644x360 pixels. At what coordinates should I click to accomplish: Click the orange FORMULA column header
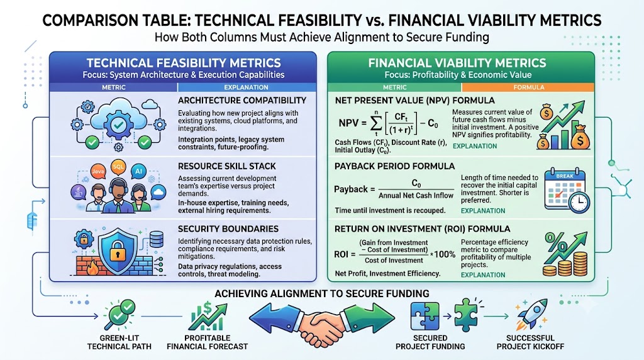tap(528, 87)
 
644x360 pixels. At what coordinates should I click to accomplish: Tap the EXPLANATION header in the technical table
tap(246, 87)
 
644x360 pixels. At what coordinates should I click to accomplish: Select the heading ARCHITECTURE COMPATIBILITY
tap(242, 100)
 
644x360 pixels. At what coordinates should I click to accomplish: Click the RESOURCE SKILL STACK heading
tap(226, 166)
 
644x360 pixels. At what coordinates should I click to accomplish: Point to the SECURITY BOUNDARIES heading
tap(228, 228)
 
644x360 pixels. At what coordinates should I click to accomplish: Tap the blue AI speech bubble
tap(138, 171)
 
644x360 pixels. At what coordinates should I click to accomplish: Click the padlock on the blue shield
tap(118, 252)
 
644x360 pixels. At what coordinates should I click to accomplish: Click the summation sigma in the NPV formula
tap(375, 123)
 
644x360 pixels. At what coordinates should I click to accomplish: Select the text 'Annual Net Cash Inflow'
tap(416, 196)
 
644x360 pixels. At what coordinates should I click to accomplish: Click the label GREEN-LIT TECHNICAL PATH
tap(119, 342)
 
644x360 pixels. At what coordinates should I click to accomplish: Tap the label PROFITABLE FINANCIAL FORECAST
tap(207, 342)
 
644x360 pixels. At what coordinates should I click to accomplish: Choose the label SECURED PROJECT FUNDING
tap(430, 342)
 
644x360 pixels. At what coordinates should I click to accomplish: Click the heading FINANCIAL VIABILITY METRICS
tap(457, 63)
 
